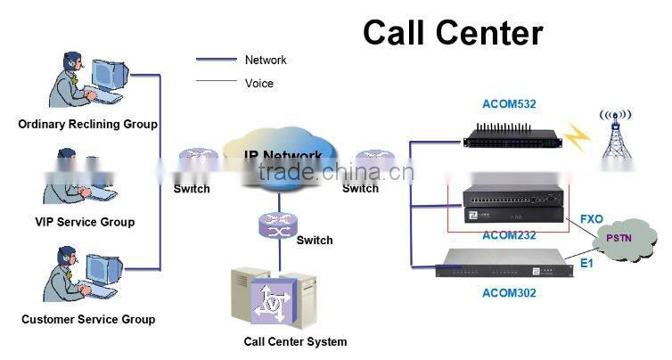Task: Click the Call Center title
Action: tap(452, 33)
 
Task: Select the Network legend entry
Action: tap(266, 60)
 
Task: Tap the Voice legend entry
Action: tap(258, 83)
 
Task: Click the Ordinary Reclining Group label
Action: tap(87, 125)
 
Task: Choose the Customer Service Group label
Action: tap(87, 319)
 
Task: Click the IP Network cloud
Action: tap(283, 156)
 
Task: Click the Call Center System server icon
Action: tap(273, 297)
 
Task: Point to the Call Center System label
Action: tap(295, 341)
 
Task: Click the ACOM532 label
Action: tap(508, 105)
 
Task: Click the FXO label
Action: tap(592, 218)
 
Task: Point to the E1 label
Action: tap(586, 264)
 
